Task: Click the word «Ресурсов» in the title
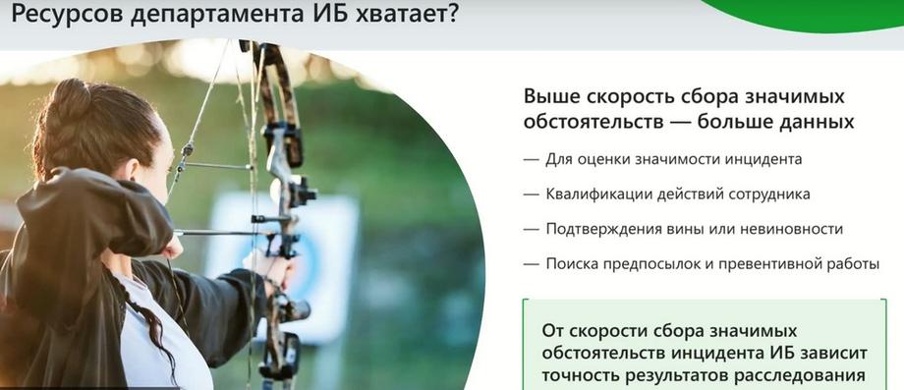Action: pyautogui.click(x=66, y=13)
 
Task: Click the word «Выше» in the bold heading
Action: pyautogui.click(x=553, y=96)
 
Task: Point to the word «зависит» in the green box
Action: pyautogui.click(x=830, y=353)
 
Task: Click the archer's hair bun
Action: pyautogui.click(x=68, y=102)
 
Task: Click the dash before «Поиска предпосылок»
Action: pyautogui.click(x=531, y=265)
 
